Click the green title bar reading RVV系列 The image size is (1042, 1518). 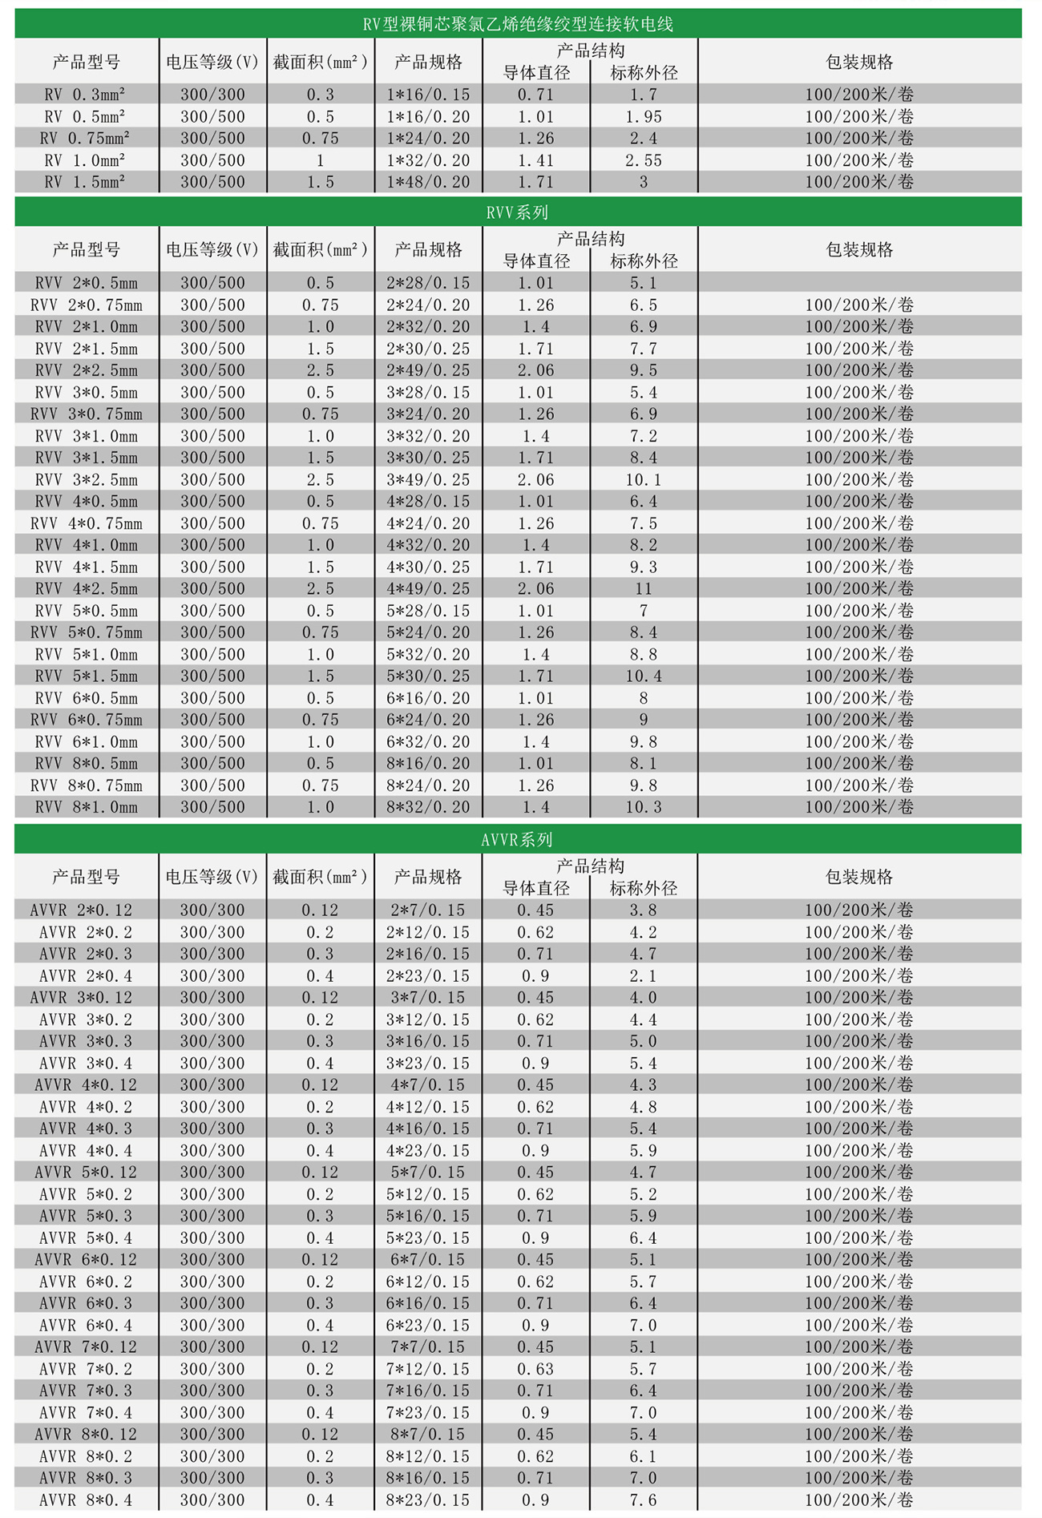(x=518, y=212)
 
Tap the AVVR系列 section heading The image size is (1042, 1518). (x=517, y=839)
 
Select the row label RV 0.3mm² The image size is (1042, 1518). (x=85, y=95)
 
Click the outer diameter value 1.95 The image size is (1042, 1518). (x=644, y=116)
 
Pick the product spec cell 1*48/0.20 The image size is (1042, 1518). (x=428, y=182)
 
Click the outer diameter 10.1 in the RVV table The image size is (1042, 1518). (x=644, y=479)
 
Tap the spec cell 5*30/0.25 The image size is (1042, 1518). (x=428, y=676)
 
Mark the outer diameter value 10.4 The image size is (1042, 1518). (x=644, y=676)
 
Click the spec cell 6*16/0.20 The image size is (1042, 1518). (x=428, y=698)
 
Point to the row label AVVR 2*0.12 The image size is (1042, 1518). (x=82, y=910)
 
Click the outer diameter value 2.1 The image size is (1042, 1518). (x=643, y=975)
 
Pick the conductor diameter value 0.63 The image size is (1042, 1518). (x=535, y=1369)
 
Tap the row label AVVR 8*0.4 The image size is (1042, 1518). (x=86, y=1500)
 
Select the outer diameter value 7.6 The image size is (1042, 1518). (x=643, y=1500)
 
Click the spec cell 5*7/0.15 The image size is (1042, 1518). (x=428, y=1172)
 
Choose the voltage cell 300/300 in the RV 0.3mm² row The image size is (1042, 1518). (x=212, y=95)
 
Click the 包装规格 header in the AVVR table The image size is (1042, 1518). (x=859, y=877)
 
